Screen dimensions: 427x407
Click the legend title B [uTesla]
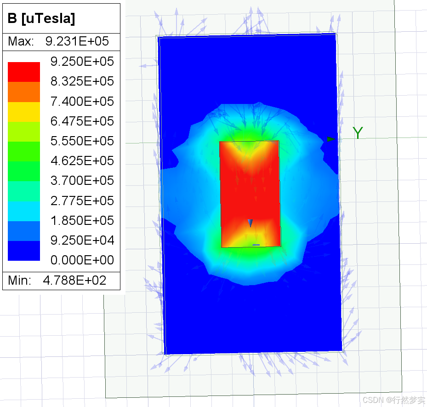point(41,18)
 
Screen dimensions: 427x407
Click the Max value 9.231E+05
point(77,41)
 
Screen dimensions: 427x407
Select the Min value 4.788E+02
point(74,281)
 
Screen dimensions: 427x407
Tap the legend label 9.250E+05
point(82,61)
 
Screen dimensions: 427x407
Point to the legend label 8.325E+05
point(82,81)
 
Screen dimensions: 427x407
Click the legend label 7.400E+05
point(82,101)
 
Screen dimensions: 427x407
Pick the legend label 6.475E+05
point(82,121)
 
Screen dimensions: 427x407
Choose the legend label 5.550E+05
point(82,141)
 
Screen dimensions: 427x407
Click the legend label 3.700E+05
point(82,181)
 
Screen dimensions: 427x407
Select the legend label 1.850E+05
point(82,220)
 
